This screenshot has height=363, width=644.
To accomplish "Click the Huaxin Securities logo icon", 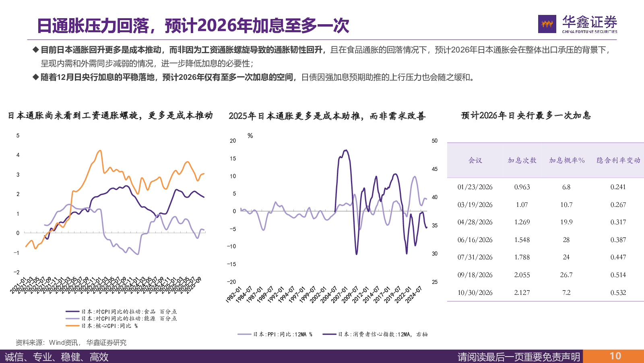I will pos(547,24).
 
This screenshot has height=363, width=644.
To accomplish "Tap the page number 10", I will pos(615,356).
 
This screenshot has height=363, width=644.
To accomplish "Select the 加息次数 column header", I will pos(522,161).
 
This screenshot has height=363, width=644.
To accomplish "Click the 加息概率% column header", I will pos(567,161).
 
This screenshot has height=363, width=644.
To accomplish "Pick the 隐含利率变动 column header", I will pos(618,161).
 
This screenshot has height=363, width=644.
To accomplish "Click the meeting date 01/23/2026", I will pos(475,187).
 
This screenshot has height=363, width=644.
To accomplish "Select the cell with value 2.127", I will pos(522,293).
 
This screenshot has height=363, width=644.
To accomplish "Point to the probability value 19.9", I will pos(566,222).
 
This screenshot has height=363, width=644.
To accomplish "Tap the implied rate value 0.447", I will pos(618,257).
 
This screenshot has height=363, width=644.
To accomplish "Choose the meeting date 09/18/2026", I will pos(475,275).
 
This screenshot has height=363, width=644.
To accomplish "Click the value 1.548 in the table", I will pos(522,240).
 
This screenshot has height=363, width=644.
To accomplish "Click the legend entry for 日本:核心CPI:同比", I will pos(109,326).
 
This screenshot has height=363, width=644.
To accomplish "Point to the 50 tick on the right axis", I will pos(435,141).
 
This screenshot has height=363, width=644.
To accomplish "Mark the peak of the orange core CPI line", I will pos(100,151).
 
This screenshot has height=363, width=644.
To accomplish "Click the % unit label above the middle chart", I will pos(250,136).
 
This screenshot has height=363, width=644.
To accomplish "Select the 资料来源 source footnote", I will pos(71,343).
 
